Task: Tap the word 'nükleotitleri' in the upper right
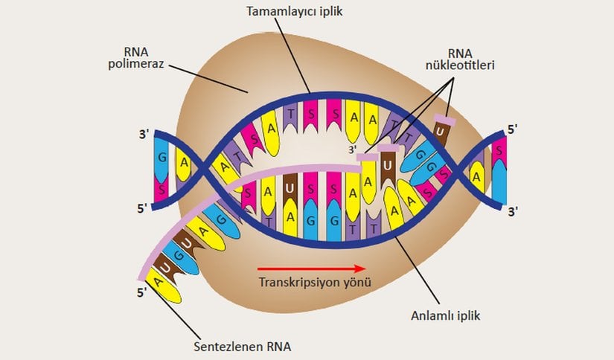[x=460, y=65]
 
